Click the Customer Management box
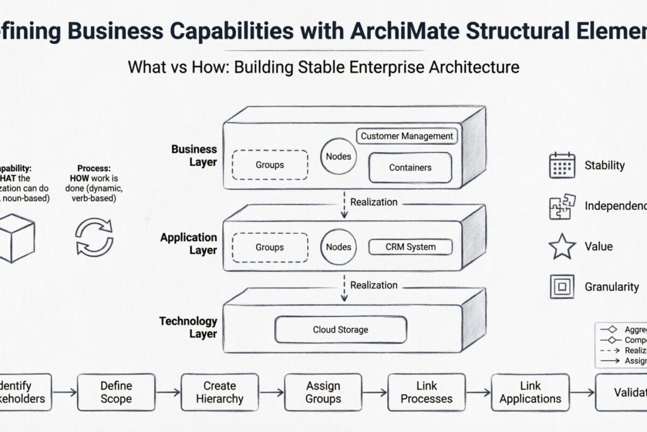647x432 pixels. tap(407, 136)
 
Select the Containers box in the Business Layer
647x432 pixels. tap(410, 167)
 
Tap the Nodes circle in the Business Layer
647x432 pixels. tap(339, 157)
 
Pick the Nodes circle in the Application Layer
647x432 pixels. tap(339, 247)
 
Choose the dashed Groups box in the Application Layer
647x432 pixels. tap(270, 247)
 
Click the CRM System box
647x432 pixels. tap(410, 247)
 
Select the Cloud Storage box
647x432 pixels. tap(340, 329)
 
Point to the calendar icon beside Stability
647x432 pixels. tap(562, 165)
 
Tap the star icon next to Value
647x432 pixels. tap(562, 246)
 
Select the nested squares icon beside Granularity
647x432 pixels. tap(562, 287)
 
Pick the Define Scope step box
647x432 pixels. tap(116, 393)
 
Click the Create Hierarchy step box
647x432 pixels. tap(219, 393)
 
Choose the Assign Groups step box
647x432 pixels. tap(323, 393)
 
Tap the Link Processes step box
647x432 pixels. tap(426, 393)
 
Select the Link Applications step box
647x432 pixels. tap(530, 393)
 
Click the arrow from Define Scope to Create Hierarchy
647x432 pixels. tap(168, 393)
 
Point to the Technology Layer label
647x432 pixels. tap(188, 327)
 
